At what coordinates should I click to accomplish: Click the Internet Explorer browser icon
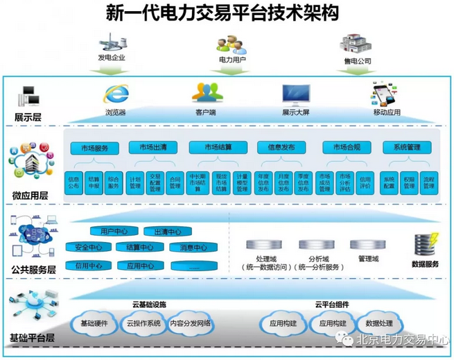[114, 94]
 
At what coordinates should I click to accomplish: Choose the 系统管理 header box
[407, 148]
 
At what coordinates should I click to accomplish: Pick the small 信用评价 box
[365, 182]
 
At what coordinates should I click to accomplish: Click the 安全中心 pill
[89, 248]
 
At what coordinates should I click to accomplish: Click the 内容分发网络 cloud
[189, 323]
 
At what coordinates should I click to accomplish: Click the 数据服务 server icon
[424, 244]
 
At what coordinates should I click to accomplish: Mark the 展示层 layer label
[28, 117]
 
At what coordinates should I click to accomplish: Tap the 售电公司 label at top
[358, 61]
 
